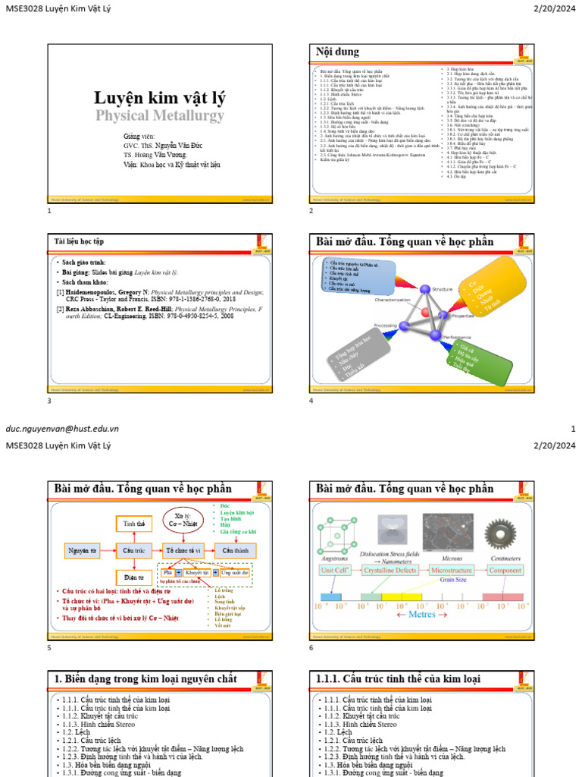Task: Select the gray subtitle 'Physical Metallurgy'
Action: coord(159,115)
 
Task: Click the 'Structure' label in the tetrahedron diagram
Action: coord(442,289)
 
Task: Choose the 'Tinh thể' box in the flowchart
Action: coord(133,524)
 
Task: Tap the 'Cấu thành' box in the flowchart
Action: coord(235,550)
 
